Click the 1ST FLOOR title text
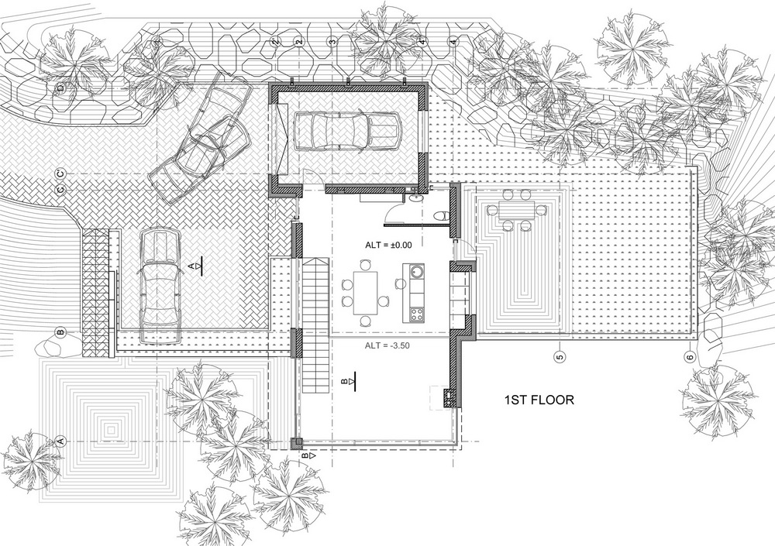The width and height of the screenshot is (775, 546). click(x=539, y=400)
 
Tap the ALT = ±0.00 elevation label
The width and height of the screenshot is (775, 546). click(x=388, y=245)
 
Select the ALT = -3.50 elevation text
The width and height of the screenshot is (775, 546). click(x=387, y=345)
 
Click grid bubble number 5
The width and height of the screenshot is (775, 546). click(x=560, y=356)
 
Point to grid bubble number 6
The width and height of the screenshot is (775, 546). click(x=690, y=356)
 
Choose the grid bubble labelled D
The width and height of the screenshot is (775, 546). click(x=60, y=88)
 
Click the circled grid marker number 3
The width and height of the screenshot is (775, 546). click(x=332, y=42)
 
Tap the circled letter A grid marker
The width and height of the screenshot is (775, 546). click(x=61, y=441)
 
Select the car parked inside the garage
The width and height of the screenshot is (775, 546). click(x=347, y=131)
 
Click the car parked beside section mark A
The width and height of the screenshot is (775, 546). click(x=159, y=286)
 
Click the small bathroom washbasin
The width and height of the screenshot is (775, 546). click(x=415, y=197)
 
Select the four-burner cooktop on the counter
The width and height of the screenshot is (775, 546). click(x=417, y=314)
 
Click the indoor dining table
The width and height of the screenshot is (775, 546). click(x=366, y=293)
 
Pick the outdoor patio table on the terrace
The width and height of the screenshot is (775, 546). click(x=516, y=211)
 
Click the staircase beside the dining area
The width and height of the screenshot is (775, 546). click(x=315, y=325)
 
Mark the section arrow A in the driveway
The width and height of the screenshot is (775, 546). click(x=195, y=267)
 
